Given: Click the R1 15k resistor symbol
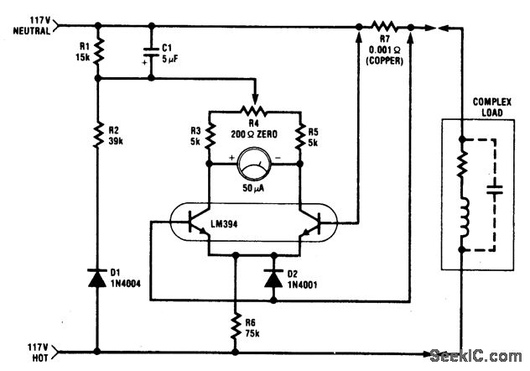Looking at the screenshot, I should [99, 52].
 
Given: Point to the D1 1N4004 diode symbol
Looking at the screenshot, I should [99, 275].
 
